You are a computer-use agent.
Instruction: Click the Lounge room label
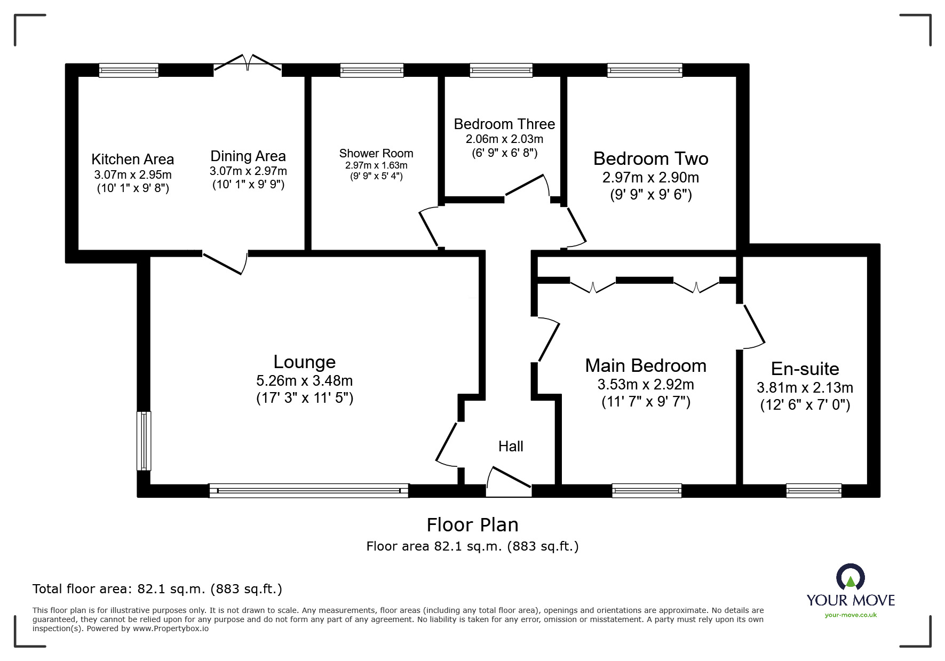pos(304,362)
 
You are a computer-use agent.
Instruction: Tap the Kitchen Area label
pos(132,159)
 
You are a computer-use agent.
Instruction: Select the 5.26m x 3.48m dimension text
pos(304,381)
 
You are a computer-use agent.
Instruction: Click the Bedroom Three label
pos(504,124)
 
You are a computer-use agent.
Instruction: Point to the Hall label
pos(511,447)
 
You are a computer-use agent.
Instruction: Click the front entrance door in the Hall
pos(509,480)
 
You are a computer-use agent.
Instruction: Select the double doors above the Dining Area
pos(248,62)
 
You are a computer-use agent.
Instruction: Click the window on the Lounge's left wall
pos(144,441)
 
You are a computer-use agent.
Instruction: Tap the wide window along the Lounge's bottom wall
pos(308,491)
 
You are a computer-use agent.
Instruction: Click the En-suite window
pos(814,491)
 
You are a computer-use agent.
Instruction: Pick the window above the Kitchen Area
pos(129,70)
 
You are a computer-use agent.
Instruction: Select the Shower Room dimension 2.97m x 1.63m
pos(376,165)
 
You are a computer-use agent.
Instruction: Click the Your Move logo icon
pos(849,577)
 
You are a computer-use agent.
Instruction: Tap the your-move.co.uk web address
pos(851,615)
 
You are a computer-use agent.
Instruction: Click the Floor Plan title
pos(472,525)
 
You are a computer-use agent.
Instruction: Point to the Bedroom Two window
pos(645,70)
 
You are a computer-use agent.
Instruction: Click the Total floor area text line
pos(157,589)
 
